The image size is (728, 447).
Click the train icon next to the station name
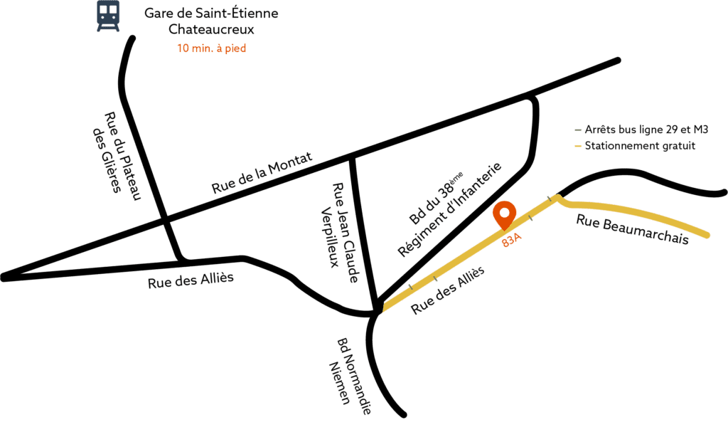(109, 16)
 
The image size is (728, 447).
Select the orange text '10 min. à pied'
(211, 49)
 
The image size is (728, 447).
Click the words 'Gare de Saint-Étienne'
(211, 14)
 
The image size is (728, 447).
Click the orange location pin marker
(505, 213)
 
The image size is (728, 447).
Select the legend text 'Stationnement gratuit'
(639, 147)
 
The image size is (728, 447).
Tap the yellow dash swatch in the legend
(577, 147)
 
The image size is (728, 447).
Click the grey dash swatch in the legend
(577, 131)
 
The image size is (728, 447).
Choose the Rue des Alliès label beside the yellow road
(448, 290)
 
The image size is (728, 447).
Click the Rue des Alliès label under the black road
(191, 281)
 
